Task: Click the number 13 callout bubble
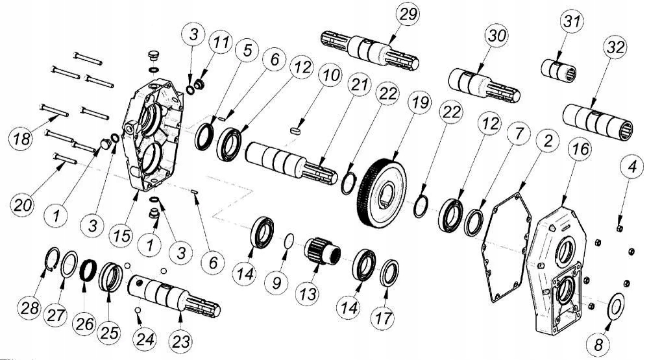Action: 307,293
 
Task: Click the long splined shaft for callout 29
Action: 370,49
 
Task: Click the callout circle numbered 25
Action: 108,333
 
